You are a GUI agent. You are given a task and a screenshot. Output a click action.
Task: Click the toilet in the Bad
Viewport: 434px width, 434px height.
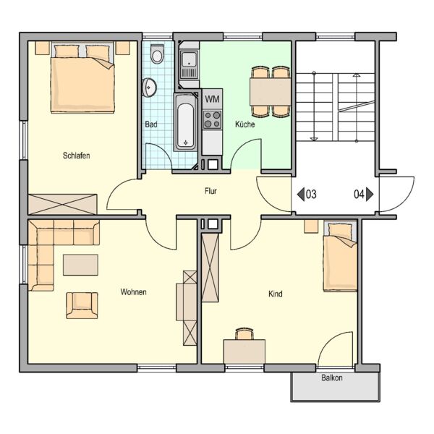coord(157,54)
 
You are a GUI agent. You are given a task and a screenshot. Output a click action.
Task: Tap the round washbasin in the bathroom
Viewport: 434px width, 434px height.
coord(149,88)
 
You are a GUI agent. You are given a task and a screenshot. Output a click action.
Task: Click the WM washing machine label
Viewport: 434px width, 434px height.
coord(212,99)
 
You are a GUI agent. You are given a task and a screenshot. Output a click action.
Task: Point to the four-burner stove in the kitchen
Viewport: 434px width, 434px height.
coord(212,119)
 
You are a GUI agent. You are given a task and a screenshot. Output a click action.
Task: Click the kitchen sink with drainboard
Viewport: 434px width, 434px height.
coord(189,65)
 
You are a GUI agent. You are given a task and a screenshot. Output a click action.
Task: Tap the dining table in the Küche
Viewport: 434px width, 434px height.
coord(271,92)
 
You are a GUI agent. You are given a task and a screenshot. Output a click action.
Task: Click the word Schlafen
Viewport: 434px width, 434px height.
coord(77,156)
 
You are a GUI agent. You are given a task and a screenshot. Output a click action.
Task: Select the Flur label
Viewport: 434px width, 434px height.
coord(210,191)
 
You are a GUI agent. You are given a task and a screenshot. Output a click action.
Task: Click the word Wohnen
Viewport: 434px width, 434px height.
coord(133,292)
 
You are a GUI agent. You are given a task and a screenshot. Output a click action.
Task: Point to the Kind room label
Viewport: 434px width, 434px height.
coord(276,294)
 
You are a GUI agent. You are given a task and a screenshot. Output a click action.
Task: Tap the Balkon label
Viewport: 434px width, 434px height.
coord(332,378)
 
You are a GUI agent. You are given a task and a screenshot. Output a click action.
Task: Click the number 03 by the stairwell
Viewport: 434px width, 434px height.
coord(311,194)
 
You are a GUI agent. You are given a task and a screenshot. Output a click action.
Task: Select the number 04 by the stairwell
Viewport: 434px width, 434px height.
coord(359,194)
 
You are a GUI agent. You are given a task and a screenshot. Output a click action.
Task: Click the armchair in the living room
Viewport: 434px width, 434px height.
coord(82,305)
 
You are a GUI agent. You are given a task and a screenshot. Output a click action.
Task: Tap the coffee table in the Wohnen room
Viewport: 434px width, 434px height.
coord(80,265)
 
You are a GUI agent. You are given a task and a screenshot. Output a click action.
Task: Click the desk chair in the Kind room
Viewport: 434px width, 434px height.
coord(244,333)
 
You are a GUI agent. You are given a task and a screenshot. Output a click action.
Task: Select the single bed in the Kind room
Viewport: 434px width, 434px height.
coord(340,256)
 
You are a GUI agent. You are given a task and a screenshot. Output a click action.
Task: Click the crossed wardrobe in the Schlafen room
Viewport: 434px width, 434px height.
coord(63,204)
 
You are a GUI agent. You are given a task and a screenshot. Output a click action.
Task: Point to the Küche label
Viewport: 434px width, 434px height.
coord(245,124)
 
